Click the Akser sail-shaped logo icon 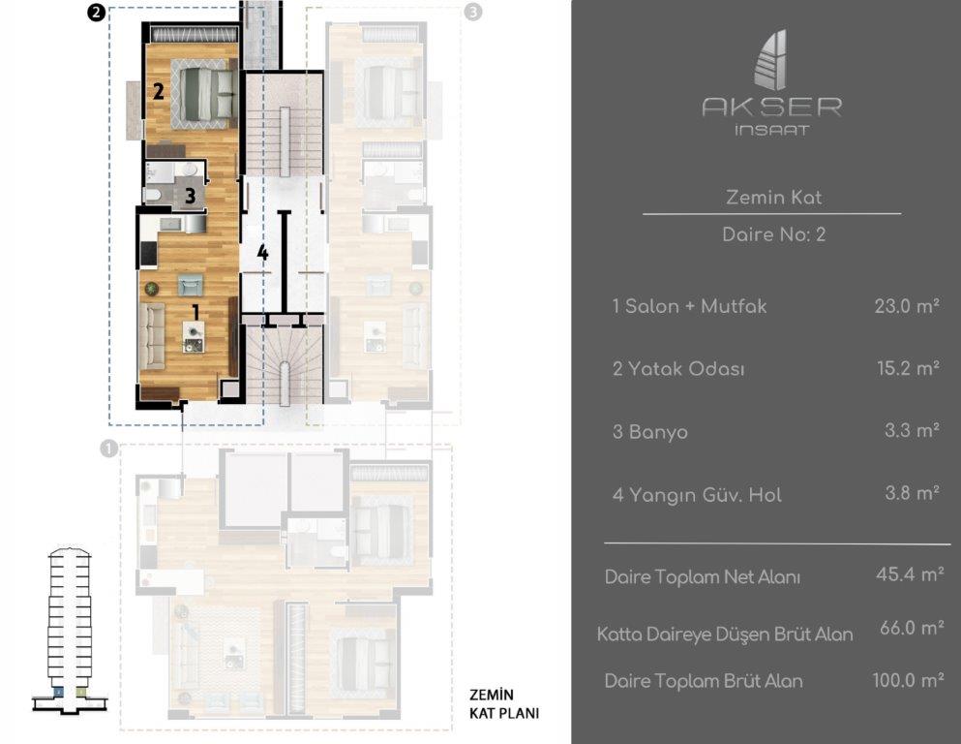click(x=771, y=60)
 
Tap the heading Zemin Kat click(x=773, y=198)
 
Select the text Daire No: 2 click(x=773, y=234)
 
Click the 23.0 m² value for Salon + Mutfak click(x=907, y=305)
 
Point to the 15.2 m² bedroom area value click(x=909, y=368)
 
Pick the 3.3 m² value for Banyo click(x=912, y=430)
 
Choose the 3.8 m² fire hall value click(x=912, y=492)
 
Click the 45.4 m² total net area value click(x=910, y=574)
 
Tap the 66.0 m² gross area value click(x=912, y=628)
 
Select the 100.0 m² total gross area click(x=908, y=680)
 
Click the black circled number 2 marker click(x=96, y=13)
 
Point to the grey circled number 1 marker click(x=108, y=449)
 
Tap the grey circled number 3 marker click(x=473, y=12)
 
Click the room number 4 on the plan click(x=263, y=252)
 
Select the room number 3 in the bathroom click(x=190, y=196)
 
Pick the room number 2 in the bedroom click(x=158, y=91)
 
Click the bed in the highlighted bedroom click(x=205, y=94)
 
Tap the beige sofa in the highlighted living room click(x=151, y=335)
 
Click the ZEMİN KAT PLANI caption click(x=504, y=704)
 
